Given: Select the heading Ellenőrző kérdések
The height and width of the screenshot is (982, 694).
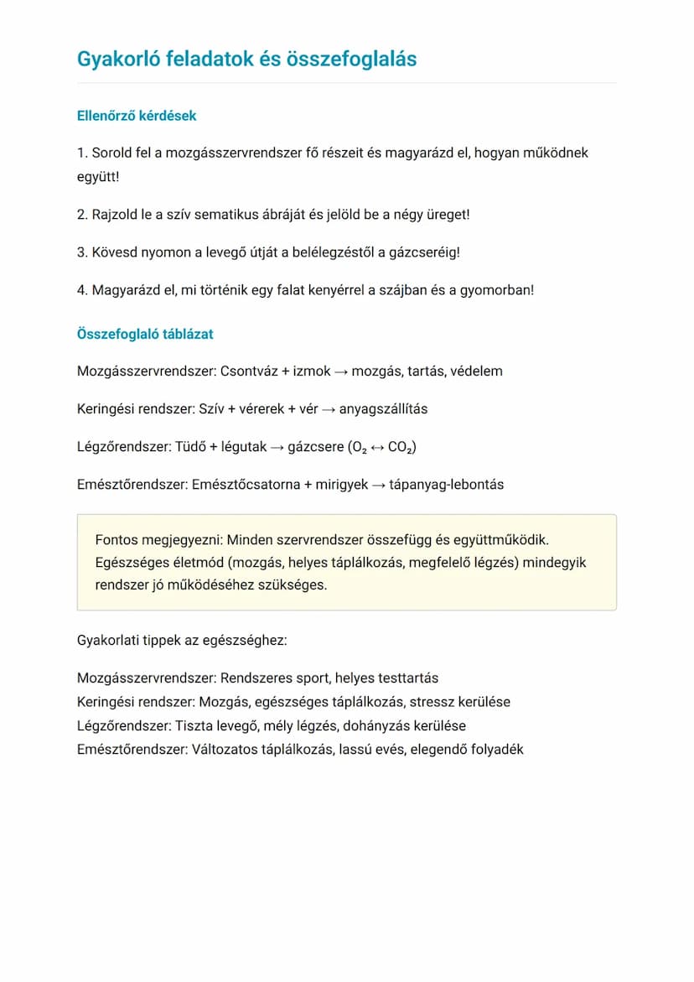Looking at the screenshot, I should (x=137, y=116).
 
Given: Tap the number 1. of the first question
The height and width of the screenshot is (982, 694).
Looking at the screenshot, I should (x=82, y=153).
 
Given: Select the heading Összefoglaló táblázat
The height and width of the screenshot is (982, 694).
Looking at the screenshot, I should (x=145, y=334).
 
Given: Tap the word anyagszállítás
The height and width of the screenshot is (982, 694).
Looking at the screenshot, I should (x=383, y=409).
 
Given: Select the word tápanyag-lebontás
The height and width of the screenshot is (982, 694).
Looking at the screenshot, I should (x=447, y=485).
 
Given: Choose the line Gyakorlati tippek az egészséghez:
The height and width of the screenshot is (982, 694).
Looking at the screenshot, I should (x=182, y=641).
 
